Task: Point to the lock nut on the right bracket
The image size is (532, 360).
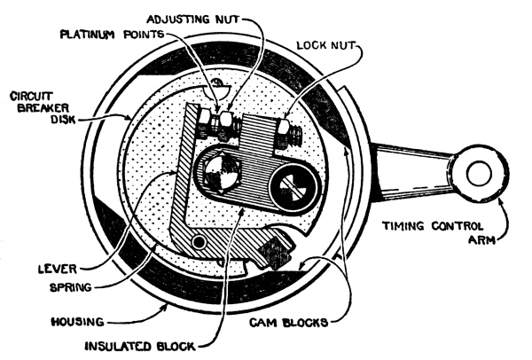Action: coord(289,134)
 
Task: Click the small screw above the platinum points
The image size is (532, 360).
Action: coord(216,88)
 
